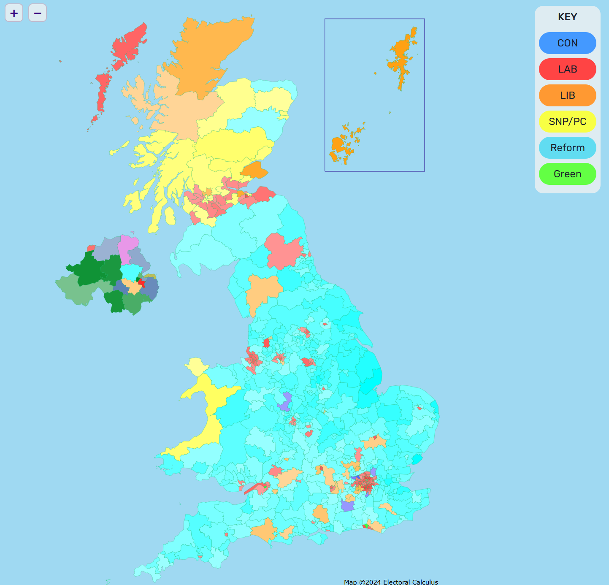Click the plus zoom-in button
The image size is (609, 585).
[x=14, y=13]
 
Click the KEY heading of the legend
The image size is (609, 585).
[x=567, y=17]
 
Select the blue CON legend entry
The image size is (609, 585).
[x=567, y=43]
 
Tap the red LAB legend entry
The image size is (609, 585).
[x=567, y=69]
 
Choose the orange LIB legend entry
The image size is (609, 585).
[x=567, y=95]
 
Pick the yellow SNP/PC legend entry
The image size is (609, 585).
[x=567, y=122]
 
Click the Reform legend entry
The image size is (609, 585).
[x=567, y=148]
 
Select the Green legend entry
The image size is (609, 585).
[x=567, y=174]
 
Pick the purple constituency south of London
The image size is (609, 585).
[x=348, y=505]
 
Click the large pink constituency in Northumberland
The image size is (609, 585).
[x=283, y=251]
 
